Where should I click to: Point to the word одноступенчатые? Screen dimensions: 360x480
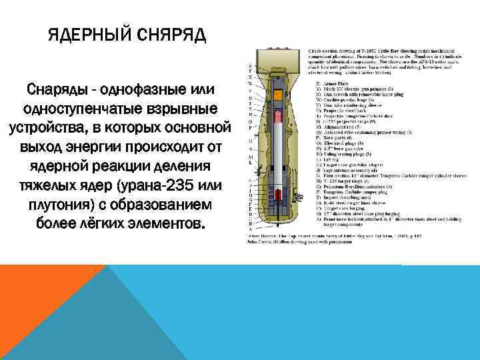[x=75, y=108]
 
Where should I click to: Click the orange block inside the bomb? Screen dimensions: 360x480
[x=276, y=117]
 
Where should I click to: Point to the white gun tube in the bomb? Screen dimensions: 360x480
[x=276, y=160]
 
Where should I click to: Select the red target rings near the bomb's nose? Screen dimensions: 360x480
[x=275, y=201]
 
